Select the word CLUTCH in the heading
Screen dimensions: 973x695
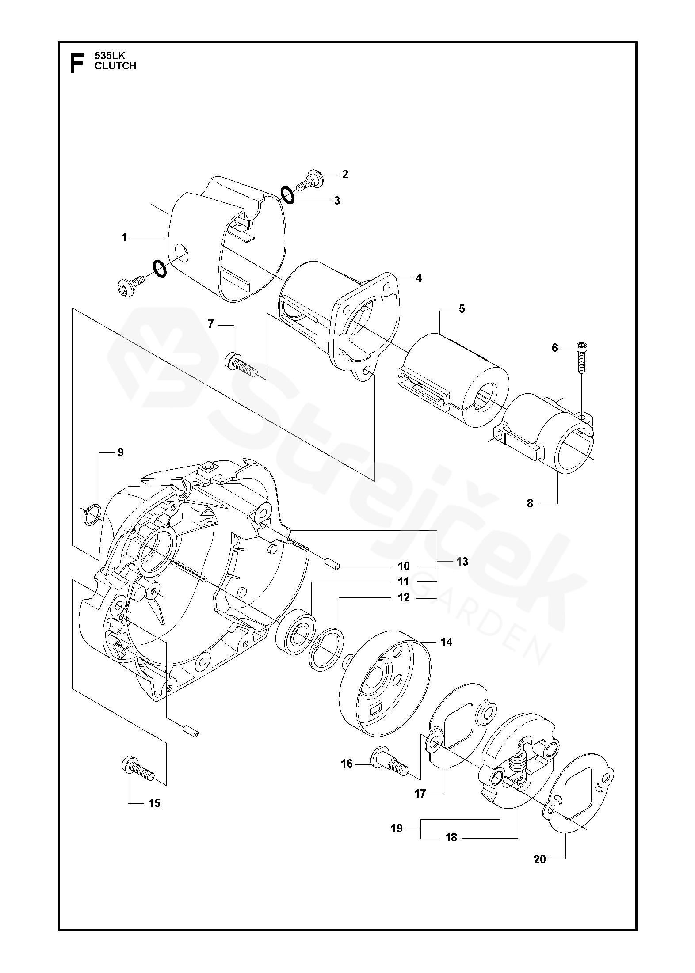pyautogui.click(x=115, y=66)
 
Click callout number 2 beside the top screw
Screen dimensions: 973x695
pyautogui.click(x=345, y=174)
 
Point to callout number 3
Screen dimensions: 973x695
pyautogui.click(x=337, y=201)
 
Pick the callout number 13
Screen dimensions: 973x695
pyautogui.click(x=462, y=562)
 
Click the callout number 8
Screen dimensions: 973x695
pyautogui.click(x=530, y=503)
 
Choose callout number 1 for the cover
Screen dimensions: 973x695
pyautogui.click(x=125, y=238)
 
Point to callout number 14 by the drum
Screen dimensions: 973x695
pyautogui.click(x=447, y=642)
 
